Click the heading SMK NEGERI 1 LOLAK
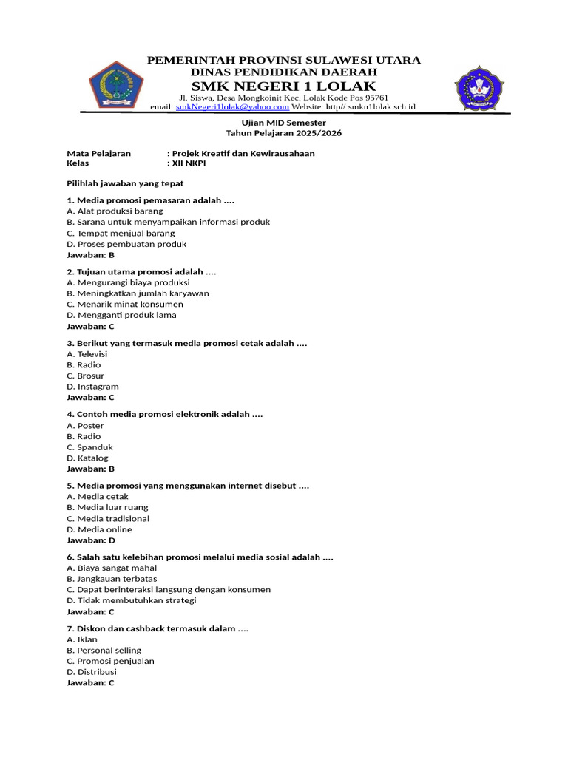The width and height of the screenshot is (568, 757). click(x=284, y=87)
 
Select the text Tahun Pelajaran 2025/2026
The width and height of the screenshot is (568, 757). click(x=284, y=133)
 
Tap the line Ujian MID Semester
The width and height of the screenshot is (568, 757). click(x=284, y=123)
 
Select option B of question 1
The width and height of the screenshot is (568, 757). click(x=168, y=222)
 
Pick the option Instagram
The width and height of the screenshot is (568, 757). click(x=92, y=387)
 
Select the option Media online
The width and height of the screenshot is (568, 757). click(x=99, y=529)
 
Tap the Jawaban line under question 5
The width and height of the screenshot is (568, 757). click(x=90, y=540)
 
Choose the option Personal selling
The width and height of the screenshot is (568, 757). click(x=104, y=650)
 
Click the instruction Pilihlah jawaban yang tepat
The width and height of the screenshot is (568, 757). click(x=125, y=183)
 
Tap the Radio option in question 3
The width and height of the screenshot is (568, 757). click(x=84, y=364)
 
